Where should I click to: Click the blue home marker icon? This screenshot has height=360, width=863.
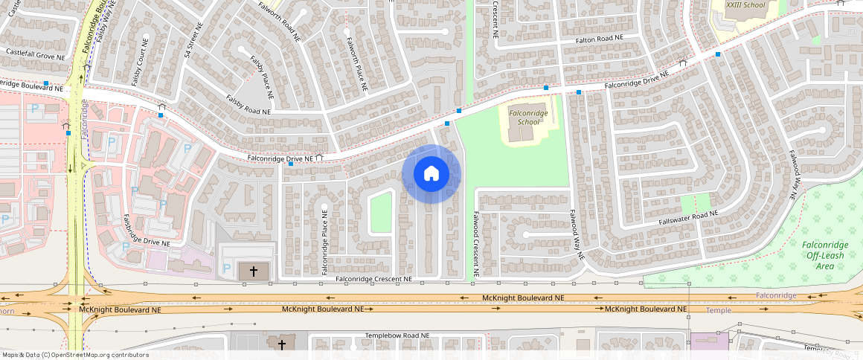click(x=431, y=174)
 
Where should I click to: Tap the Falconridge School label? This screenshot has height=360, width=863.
click(x=528, y=117)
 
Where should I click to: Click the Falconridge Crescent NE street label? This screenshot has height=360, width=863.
click(x=373, y=279)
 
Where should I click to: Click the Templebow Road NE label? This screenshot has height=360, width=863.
click(x=397, y=335)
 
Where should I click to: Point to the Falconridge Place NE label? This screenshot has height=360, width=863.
click(x=324, y=242)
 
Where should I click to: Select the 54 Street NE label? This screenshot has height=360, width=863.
click(x=193, y=41)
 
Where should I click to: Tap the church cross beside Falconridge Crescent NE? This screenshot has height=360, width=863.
click(x=253, y=271)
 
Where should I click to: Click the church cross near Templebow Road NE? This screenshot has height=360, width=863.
click(x=281, y=344)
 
